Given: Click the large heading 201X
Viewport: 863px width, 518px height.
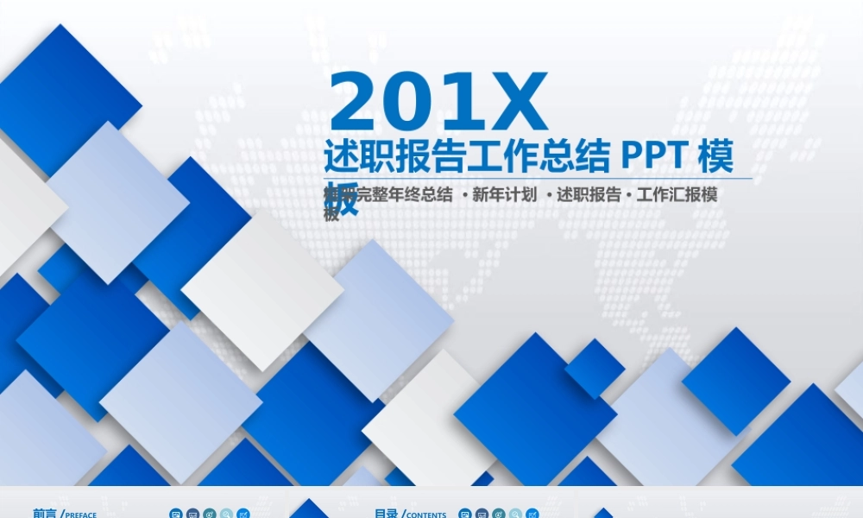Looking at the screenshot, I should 438,103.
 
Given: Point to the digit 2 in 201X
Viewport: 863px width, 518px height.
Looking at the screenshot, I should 356,103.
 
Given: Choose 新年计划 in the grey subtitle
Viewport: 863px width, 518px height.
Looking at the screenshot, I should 505,195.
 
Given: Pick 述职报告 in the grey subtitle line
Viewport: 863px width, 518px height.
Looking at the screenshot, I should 589,195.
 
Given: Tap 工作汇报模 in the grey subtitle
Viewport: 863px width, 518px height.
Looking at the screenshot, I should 677,195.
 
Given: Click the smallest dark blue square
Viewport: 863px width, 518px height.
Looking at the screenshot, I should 595,369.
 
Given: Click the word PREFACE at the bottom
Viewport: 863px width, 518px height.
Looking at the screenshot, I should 81,515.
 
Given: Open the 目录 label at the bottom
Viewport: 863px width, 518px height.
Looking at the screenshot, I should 386,514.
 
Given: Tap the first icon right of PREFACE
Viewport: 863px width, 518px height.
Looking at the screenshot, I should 175,514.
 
